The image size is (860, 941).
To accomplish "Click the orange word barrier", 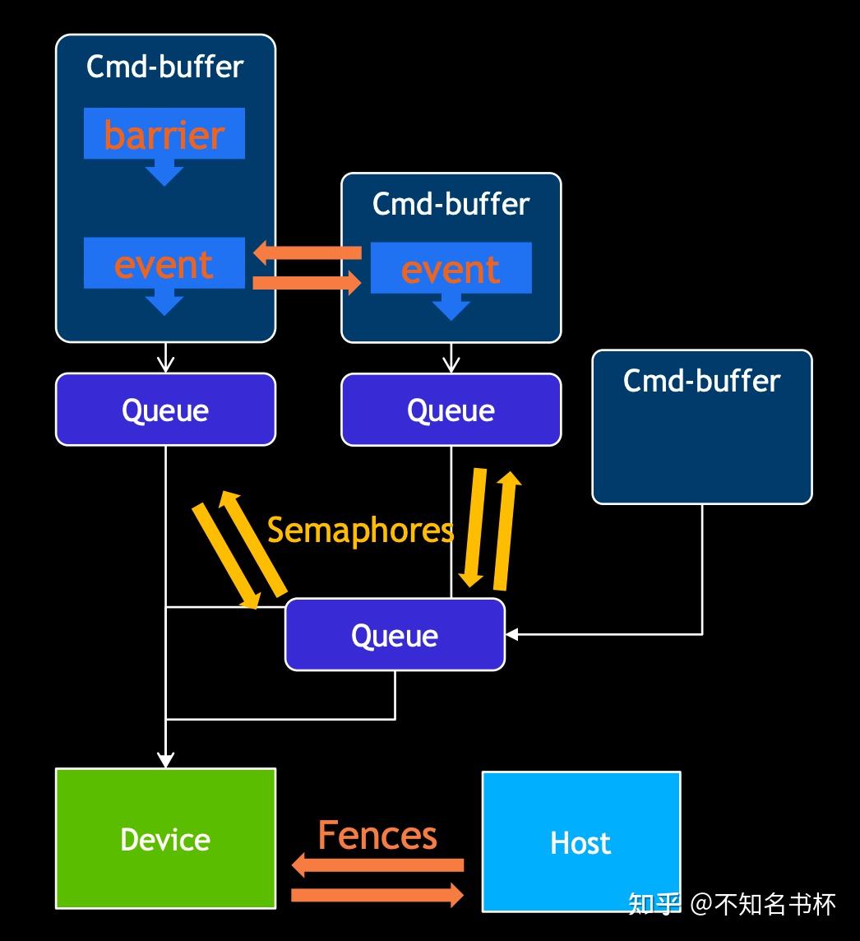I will click(164, 135).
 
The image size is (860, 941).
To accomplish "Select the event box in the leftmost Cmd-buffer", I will click(164, 264).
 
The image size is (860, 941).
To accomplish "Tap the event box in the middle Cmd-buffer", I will click(451, 269).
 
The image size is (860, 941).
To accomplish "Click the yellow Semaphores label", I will click(360, 530).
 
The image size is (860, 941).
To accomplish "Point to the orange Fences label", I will click(377, 835).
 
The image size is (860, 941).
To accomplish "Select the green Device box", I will click(165, 838).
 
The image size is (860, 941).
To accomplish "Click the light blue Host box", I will click(580, 841).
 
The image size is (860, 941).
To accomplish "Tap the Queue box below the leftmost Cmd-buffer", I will click(165, 410).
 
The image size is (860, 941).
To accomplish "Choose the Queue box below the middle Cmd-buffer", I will click(451, 410).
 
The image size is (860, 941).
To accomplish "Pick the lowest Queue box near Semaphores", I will click(395, 635).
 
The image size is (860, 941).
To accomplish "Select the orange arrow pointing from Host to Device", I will click(377, 865).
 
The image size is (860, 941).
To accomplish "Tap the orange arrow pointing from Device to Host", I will click(377, 894).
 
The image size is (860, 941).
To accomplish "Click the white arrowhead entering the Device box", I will click(165, 760).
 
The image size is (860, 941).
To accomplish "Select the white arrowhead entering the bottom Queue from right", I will click(512, 634).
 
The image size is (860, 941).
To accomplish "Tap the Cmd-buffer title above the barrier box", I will click(165, 67).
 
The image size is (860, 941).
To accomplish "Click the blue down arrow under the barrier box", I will click(164, 173).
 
